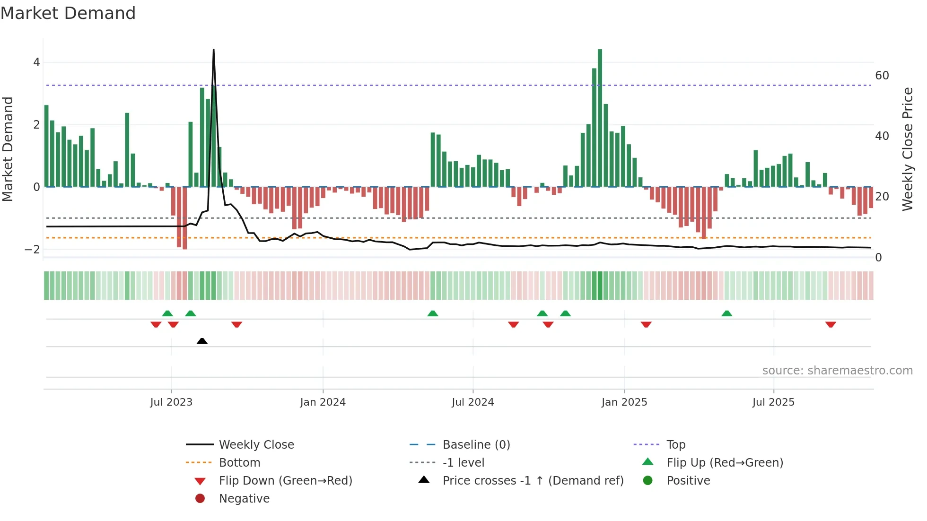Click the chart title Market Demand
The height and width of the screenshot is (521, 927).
(68, 13)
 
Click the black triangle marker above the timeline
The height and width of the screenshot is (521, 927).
(202, 341)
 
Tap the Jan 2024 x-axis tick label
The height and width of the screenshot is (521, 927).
(323, 402)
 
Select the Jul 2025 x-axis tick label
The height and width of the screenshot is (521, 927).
(773, 402)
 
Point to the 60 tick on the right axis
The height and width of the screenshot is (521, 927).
(882, 76)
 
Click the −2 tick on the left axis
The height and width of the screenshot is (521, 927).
(32, 250)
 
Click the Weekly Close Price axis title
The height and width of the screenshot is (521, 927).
(907, 149)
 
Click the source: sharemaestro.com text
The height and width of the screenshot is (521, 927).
(837, 371)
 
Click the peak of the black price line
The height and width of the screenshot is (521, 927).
(213, 50)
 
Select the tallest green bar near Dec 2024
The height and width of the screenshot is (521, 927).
(600, 118)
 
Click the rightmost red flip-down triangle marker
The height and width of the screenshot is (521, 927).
(831, 324)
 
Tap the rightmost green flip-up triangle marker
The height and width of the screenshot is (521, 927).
(727, 313)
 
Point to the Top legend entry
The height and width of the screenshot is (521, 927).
(675, 445)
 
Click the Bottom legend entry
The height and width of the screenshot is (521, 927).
(239, 463)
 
